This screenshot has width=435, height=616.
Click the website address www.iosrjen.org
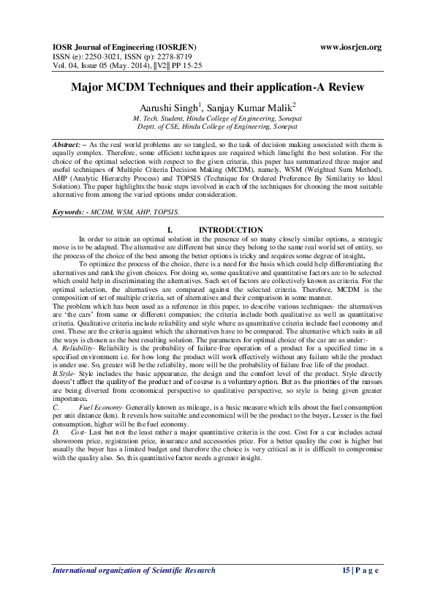pos(351,48)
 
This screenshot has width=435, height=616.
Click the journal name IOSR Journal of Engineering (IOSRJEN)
pos(124,48)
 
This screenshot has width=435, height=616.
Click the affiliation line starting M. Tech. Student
pos(217,117)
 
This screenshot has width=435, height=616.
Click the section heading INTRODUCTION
pos(231,230)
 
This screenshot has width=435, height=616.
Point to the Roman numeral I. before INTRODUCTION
pos(172,230)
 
